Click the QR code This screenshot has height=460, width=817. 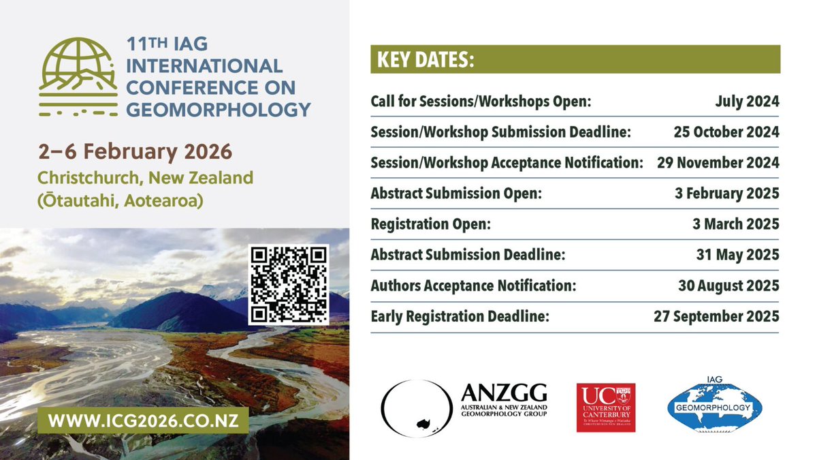coord(288,284)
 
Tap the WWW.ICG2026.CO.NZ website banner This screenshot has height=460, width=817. coord(142,419)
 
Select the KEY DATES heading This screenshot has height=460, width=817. coord(422,60)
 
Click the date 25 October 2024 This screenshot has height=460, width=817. coord(725,132)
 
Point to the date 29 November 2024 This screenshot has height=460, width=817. coord(718,163)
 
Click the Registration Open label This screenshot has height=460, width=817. coord(430,224)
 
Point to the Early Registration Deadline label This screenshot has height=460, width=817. coord(460,316)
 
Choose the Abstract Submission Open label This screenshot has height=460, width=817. coord(456,194)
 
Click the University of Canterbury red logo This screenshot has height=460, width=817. coord(606,408)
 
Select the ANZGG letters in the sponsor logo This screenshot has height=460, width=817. coord(504,393)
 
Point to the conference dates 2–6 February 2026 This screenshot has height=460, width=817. coord(135,150)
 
